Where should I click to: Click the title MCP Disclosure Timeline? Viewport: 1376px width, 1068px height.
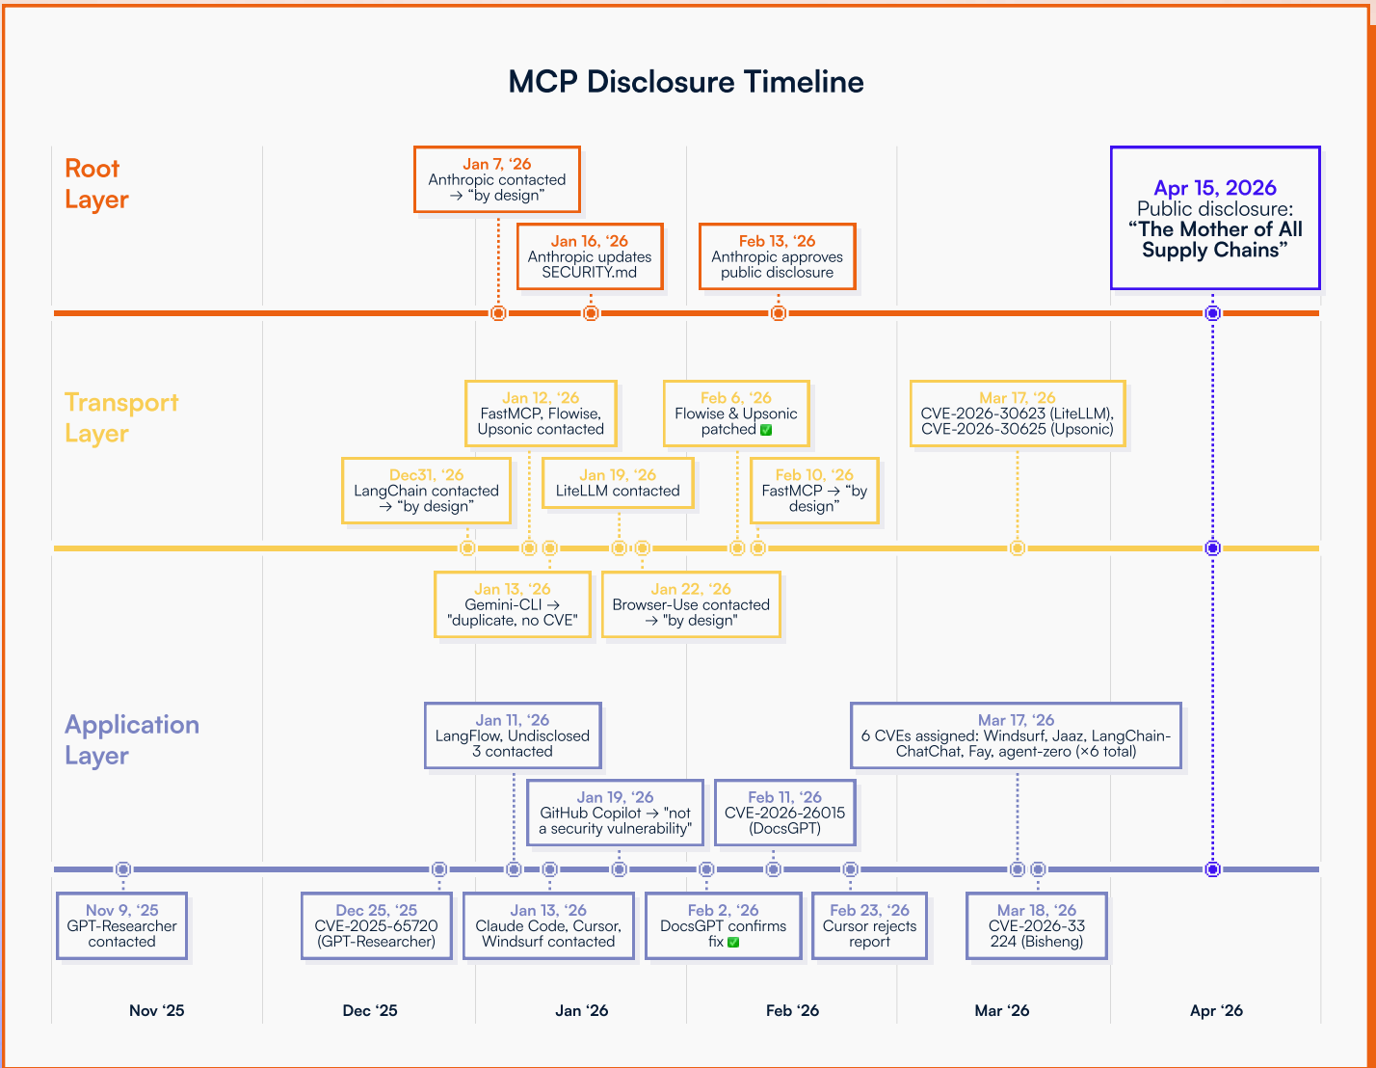pyautogui.click(x=686, y=82)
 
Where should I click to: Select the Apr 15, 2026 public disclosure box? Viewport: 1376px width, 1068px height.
pyautogui.click(x=1214, y=218)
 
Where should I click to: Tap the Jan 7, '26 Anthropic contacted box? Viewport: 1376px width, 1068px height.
pyautogui.click(x=497, y=179)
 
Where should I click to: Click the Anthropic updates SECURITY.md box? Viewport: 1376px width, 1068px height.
pyautogui.click(x=590, y=256)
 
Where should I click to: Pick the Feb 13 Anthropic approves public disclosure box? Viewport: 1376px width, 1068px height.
pyautogui.click(x=777, y=256)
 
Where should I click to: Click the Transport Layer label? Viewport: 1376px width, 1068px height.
pyautogui.click(x=121, y=417)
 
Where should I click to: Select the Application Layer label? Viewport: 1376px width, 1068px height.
pyautogui.click(x=132, y=739)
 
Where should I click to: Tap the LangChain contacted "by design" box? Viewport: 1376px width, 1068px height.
pyautogui.click(x=426, y=491)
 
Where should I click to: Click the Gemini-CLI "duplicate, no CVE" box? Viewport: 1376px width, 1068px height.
pyautogui.click(x=513, y=604)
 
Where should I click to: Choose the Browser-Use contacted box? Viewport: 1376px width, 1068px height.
pyautogui.click(x=691, y=604)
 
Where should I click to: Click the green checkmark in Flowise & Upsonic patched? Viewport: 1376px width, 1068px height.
pyautogui.click(x=766, y=430)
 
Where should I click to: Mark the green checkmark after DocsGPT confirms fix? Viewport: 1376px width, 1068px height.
pyautogui.click(x=733, y=942)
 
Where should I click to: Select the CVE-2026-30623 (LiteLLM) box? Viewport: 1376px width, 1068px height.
pyautogui.click(x=1017, y=414)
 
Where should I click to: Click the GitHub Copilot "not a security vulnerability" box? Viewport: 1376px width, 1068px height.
pyautogui.click(x=615, y=813)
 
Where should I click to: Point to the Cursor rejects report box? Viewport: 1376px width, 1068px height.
pyautogui.click(x=869, y=925)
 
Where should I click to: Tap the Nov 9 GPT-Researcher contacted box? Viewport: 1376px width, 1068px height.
pyautogui.click(x=121, y=925)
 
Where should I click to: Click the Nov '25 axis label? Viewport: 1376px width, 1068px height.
pyautogui.click(x=156, y=1010)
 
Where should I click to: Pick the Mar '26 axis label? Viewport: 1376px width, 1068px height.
pyautogui.click(x=1001, y=1010)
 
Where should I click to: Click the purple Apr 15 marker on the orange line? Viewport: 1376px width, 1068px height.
pyautogui.click(x=1213, y=313)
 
